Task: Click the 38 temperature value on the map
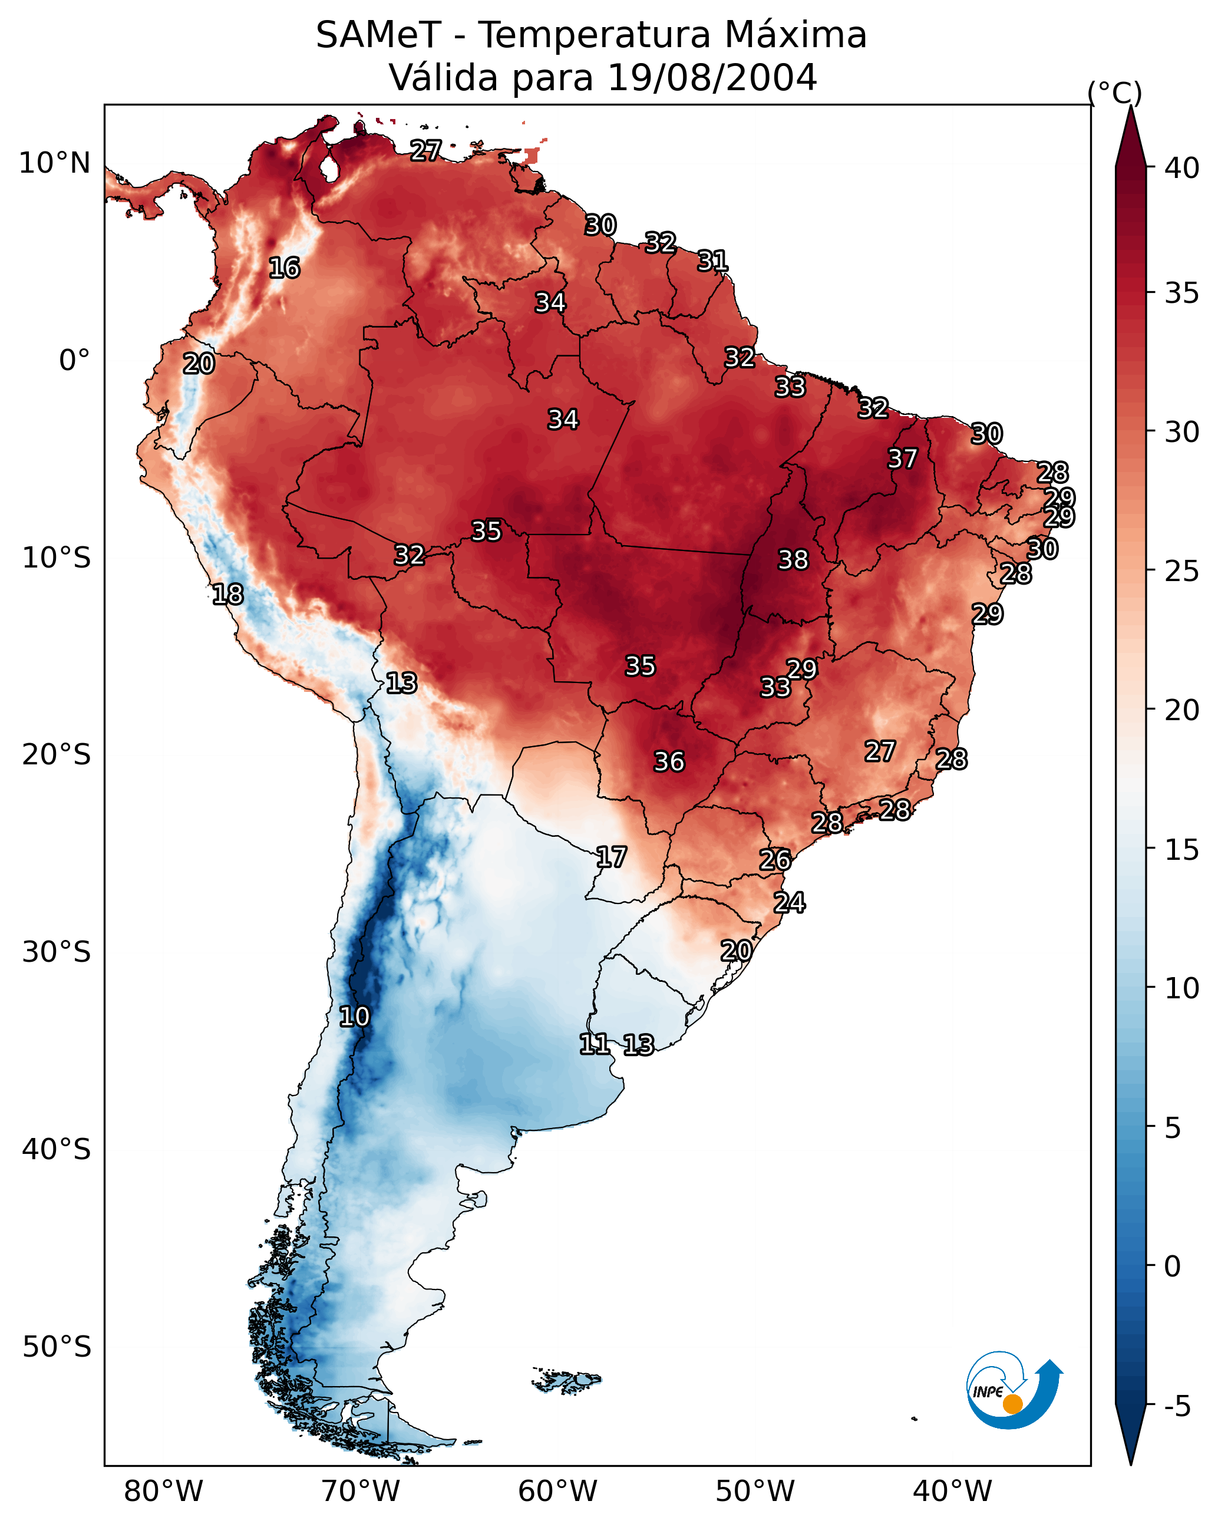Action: [793, 560]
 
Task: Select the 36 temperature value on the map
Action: [669, 761]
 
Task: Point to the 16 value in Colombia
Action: [284, 268]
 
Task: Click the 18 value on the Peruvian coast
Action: [227, 595]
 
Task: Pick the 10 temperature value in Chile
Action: [354, 1017]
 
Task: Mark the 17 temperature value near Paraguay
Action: [610, 857]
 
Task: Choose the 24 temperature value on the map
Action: [789, 903]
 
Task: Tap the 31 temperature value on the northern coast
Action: [712, 261]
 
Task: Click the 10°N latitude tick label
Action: [54, 163]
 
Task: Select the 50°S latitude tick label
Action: [57, 1347]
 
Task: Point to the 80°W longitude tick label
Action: [163, 1491]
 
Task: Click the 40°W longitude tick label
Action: [952, 1491]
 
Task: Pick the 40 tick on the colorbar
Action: [1182, 168]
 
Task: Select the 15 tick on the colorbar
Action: [1182, 850]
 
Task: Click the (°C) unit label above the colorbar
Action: [1114, 93]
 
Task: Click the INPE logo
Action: [1013, 1390]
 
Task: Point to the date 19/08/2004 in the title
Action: [711, 77]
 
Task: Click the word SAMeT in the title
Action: [378, 35]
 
